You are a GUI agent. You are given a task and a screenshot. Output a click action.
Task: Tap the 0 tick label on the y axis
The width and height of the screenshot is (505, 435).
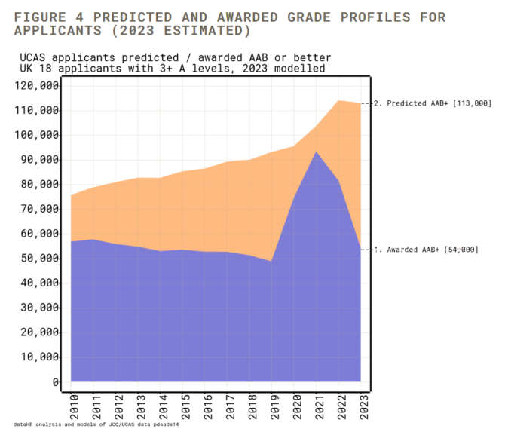coord(56,382)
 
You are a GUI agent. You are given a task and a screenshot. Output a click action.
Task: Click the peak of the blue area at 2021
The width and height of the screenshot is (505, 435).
coord(316,152)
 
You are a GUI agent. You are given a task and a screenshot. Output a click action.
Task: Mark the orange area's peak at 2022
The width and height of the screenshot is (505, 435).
coord(338,100)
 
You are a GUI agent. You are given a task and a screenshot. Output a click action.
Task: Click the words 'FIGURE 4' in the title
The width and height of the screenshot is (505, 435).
coord(47,17)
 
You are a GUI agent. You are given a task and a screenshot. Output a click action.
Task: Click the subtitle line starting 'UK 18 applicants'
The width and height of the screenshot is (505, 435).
coord(172,68)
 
